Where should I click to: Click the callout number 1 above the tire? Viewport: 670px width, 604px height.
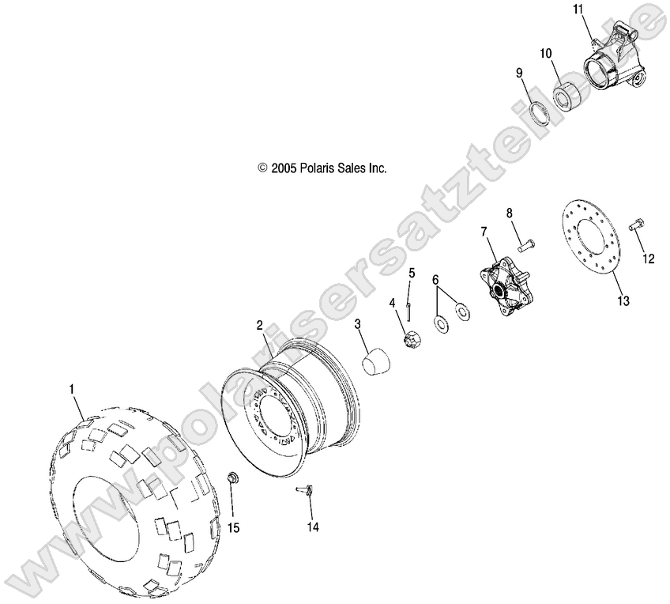pos(72,389)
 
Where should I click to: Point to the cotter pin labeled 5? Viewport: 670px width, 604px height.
pos(435,280)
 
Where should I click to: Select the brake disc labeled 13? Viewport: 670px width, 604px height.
pos(307,492)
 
